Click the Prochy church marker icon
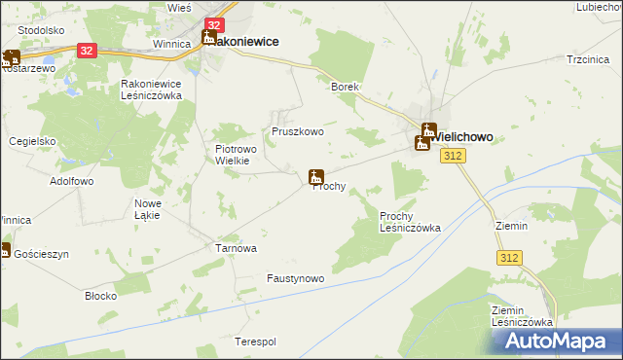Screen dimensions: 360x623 point(314,176)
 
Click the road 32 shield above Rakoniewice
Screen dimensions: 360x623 point(215,24)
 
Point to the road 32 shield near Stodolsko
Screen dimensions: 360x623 point(86,49)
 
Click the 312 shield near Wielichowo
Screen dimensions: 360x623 point(451,157)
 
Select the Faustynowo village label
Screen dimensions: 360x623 point(295,278)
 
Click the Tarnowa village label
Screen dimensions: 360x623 point(236,248)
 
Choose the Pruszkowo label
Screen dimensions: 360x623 point(297,131)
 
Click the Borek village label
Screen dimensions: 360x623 point(345,87)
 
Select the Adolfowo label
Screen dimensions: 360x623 point(71,181)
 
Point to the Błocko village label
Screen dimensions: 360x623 point(101,295)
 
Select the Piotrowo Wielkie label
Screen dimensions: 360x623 point(233,155)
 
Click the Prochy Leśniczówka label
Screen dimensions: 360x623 point(410,221)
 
